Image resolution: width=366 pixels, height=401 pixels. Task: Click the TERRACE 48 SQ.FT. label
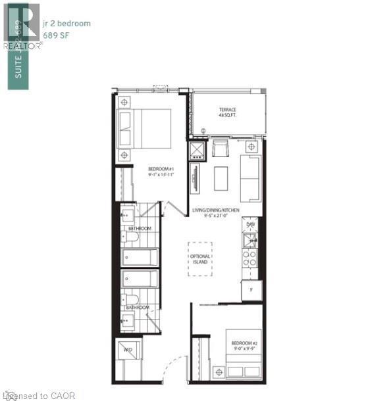coord(228,112)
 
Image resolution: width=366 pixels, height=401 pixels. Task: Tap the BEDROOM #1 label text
coord(161,173)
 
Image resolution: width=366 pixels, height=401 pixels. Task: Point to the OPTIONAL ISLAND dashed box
coord(201,254)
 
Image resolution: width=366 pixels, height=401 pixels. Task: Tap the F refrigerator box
coord(251,290)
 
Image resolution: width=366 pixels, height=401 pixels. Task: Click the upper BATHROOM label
coord(140,228)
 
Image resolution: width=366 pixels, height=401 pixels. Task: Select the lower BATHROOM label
coord(138,307)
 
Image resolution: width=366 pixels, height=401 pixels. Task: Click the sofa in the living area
coord(251,177)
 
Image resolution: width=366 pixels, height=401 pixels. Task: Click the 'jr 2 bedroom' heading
coord(65,24)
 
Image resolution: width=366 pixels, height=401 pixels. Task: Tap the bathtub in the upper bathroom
coord(140,257)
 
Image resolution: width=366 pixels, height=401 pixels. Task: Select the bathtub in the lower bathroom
coord(140,279)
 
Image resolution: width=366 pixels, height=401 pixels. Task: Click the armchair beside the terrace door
coord(219,150)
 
